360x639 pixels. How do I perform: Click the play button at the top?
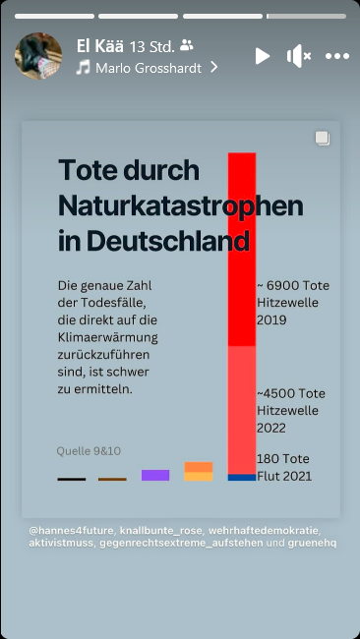pyautogui.click(x=262, y=56)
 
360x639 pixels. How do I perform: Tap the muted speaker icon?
pyautogui.click(x=298, y=56)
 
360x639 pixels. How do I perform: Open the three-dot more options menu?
pyautogui.click(x=337, y=56)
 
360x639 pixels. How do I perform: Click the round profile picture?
pyautogui.click(x=38, y=55)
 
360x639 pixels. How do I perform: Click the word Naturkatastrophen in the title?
pyautogui.click(x=180, y=205)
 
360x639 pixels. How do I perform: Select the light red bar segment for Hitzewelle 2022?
pyautogui.click(x=242, y=408)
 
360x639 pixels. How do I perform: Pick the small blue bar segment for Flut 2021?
pyautogui.click(x=242, y=477)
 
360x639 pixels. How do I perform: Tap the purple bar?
pyautogui.click(x=155, y=475)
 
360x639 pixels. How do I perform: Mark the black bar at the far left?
pyautogui.click(x=72, y=479)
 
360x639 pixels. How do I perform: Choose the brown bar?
pyautogui.click(x=112, y=479)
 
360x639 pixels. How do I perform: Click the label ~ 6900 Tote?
pyautogui.click(x=292, y=285)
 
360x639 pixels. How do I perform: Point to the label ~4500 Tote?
pyautogui.click(x=291, y=393)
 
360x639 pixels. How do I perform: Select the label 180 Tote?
pyautogui.click(x=282, y=459)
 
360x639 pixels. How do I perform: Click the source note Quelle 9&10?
pyautogui.click(x=89, y=451)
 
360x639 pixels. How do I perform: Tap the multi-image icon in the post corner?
pyautogui.click(x=322, y=139)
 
